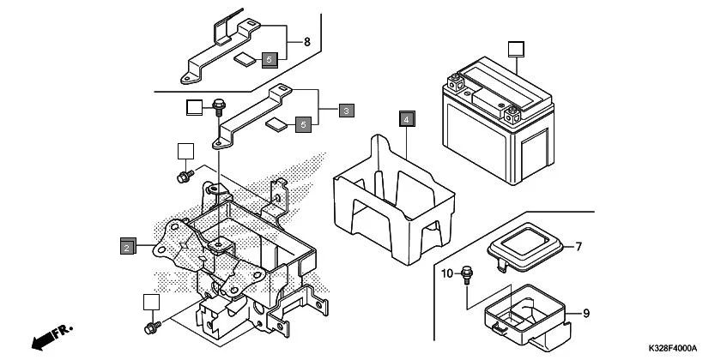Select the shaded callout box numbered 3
345,111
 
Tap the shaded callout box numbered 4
406,119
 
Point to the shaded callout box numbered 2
126,246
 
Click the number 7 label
579,247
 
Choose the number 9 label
586,314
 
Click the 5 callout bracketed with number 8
270,59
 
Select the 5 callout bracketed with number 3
302,125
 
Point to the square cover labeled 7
523,243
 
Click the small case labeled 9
524,313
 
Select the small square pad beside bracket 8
245,60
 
